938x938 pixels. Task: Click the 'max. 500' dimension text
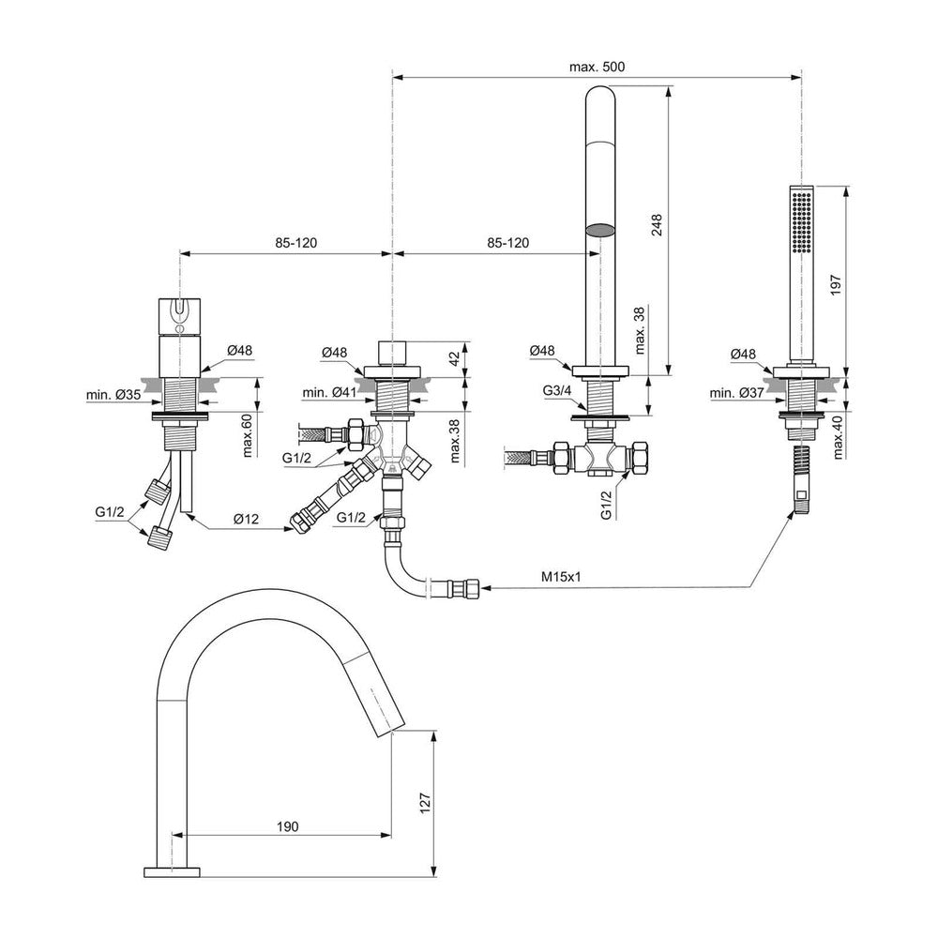point(597,67)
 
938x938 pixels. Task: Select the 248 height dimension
point(657,225)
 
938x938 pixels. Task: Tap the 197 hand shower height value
point(836,283)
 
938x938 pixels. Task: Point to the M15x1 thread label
point(561,576)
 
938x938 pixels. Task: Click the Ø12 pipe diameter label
point(246,518)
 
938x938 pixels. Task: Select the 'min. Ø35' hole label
point(113,394)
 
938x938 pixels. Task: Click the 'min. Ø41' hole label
point(329,392)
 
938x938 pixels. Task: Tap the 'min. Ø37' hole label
point(737,393)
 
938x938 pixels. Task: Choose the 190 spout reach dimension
point(287,826)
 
